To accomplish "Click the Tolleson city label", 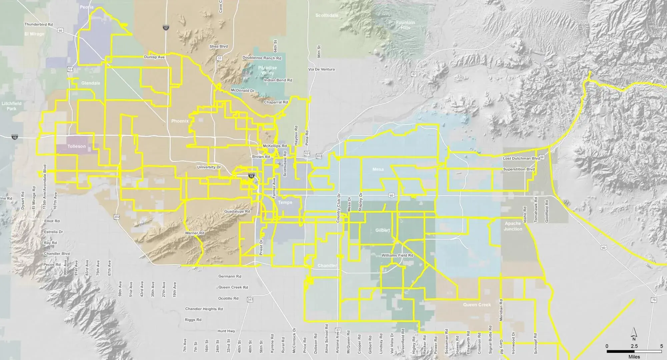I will [x=76, y=146].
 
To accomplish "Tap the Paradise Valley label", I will [x=267, y=70].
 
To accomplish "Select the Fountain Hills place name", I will [x=406, y=25].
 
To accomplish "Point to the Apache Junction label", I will [x=513, y=226].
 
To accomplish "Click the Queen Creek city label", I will [x=477, y=305].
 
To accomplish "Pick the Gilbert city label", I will [x=383, y=230].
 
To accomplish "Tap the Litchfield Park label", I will [x=11, y=106].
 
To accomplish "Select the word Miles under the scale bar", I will [x=634, y=357].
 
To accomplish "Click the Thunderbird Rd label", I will [x=39, y=24].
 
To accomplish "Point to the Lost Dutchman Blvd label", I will [x=521, y=158].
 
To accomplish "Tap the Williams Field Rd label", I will [x=397, y=255].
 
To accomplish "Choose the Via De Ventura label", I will [x=321, y=69].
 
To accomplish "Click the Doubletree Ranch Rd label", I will [x=262, y=58].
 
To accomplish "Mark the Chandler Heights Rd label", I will [x=204, y=309].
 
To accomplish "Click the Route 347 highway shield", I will [x=250, y=300].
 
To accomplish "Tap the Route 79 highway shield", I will [x=653, y=300].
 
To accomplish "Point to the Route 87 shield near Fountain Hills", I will [x=414, y=74].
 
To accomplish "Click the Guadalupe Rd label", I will [x=237, y=212].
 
